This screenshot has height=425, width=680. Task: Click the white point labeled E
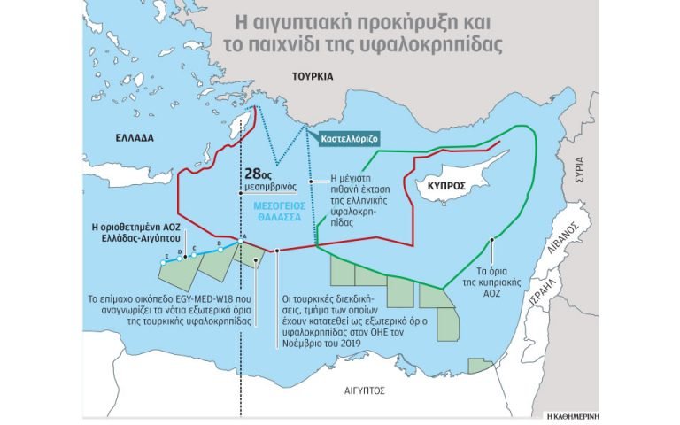tap(166, 262)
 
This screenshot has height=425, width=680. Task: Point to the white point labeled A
tap(242, 240)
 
